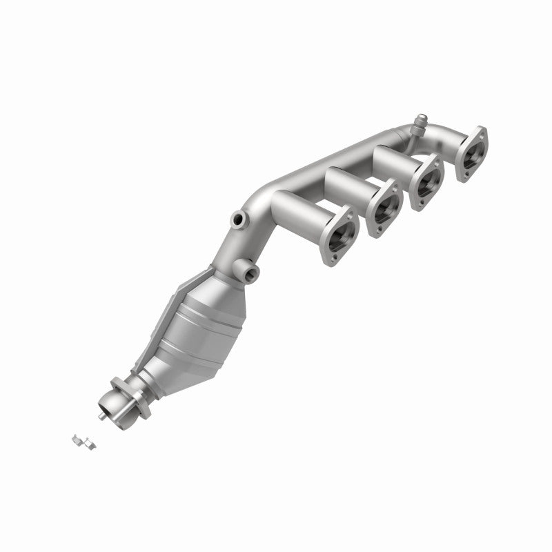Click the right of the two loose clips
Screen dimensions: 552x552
89,443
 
